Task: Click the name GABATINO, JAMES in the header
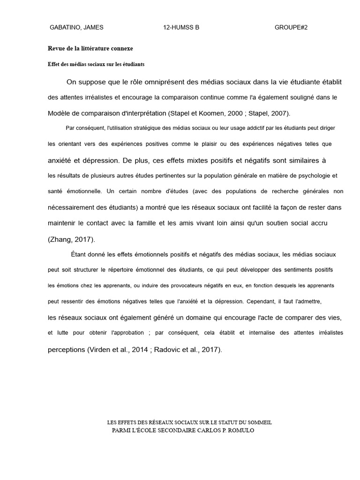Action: pos(76,28)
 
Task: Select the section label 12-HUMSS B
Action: pos(181,28)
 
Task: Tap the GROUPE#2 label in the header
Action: pos(291,28)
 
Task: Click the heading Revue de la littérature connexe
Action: pos(90,48)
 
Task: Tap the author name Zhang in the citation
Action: pos(60,240)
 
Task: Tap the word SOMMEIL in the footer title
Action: pos(258,422)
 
